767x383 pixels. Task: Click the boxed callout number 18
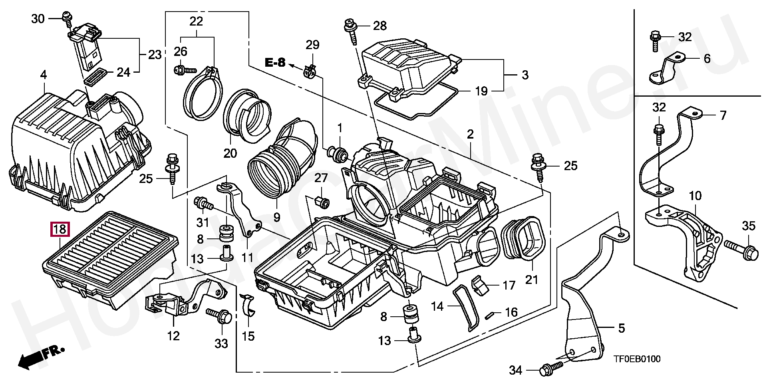[x=60, y=230]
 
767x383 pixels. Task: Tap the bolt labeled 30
[x=66, y=17]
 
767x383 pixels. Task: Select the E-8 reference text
[x=276, y=62]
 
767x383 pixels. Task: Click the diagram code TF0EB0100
[x=637, y=359]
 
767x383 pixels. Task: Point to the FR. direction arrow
[x=40, y=357]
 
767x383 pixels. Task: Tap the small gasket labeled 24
[x=96, y=76]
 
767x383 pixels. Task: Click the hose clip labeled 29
[x=310, y=71]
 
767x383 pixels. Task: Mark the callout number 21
[x=531, y=280]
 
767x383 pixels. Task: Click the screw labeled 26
[x=185, y=70]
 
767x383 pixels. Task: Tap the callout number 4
[x=44, y=75]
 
